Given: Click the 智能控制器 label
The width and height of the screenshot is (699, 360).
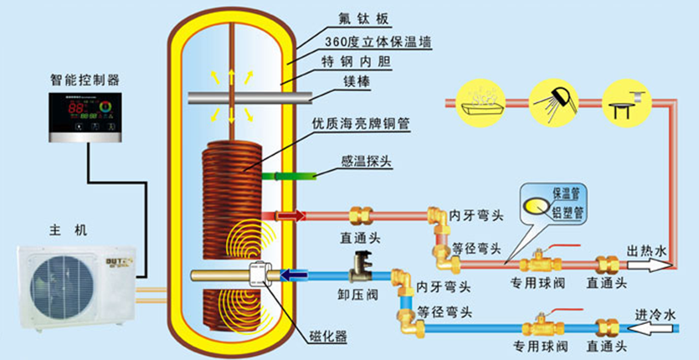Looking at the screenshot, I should click(85, 80).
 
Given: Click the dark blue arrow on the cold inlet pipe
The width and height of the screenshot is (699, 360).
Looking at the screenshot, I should click(292, 273).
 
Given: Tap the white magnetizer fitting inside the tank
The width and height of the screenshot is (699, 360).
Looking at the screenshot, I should click(260, 275).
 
